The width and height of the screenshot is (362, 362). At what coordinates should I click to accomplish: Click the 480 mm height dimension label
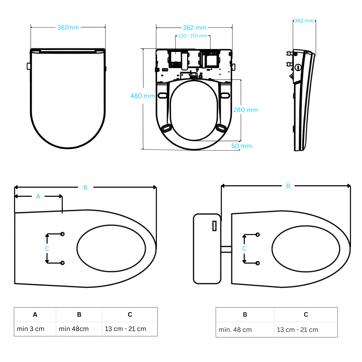(x=142, y=96)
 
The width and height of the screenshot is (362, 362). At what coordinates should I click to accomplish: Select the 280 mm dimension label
(x=246, y=110)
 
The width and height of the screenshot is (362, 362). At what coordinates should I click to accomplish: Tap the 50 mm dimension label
(x=241, y=146)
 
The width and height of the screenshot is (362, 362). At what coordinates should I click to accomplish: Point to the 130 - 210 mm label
(x=192, y=36)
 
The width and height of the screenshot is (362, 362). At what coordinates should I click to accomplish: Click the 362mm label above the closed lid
(x=68, y=27)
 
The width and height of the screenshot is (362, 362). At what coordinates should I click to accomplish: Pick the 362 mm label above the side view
(x=304, y=21)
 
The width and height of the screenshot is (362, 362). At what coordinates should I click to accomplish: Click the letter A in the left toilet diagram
(x=38, y=196)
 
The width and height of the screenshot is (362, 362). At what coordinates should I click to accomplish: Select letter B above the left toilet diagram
(x=85, y=187)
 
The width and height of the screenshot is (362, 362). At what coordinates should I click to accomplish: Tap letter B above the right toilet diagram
(x=288, y=186)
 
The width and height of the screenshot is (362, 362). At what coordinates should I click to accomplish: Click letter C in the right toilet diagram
(x=244, y=248)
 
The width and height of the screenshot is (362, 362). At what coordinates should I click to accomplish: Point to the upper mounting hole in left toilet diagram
(x=62, y=234)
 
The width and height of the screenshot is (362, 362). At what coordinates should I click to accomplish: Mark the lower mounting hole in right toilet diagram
(x=258, y=263)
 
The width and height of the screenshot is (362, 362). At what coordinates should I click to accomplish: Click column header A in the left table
(x=35, y=315)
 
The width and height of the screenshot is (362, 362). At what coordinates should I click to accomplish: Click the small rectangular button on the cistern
(x=214, y=226)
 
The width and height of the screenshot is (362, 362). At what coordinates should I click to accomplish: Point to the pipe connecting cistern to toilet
(x=226, y=249)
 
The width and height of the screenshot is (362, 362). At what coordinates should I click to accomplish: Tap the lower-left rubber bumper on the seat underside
(x=166, y=128)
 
